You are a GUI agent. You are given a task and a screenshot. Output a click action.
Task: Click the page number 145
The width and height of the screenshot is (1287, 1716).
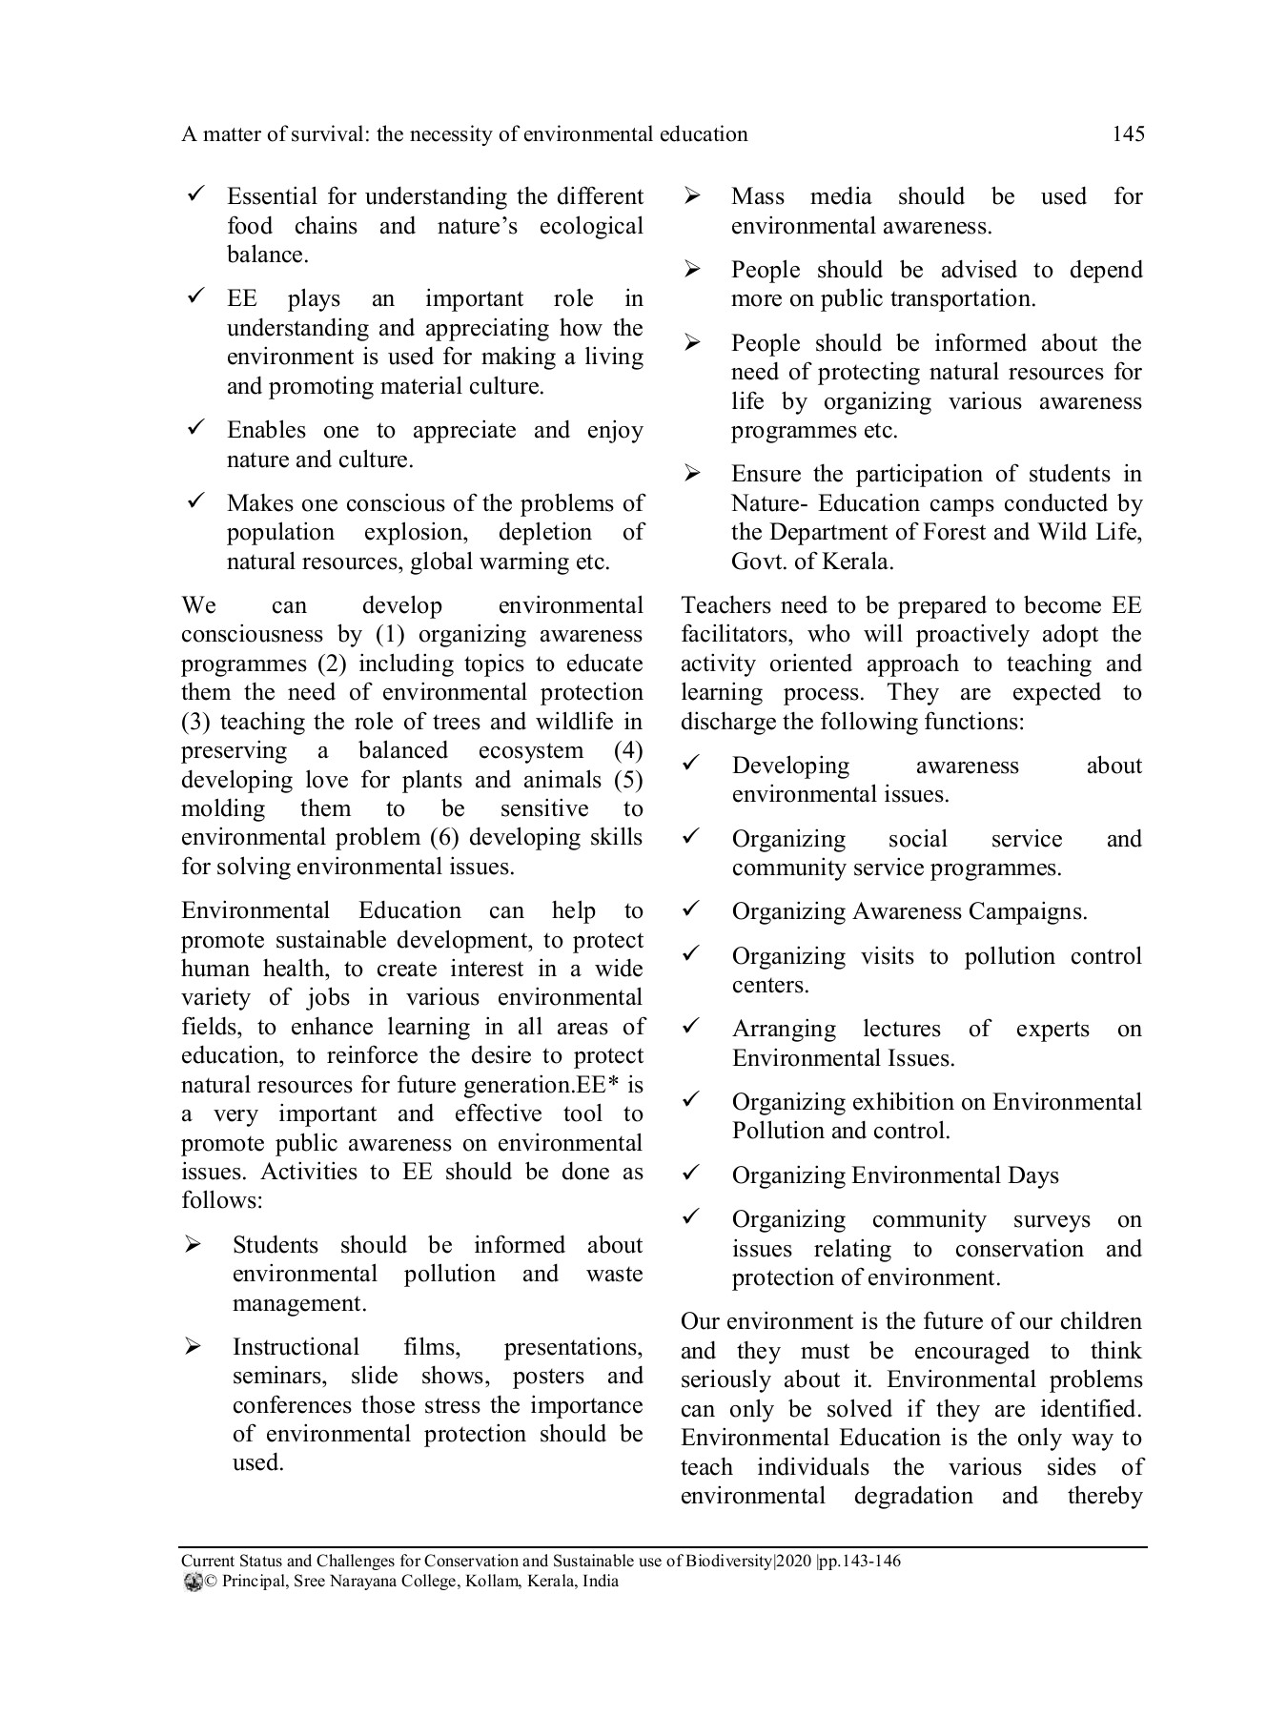pyautogui.click(x=1128, y=134)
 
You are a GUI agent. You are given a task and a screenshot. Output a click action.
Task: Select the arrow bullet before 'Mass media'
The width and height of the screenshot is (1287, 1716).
pyautogui.click(x=693, y=196)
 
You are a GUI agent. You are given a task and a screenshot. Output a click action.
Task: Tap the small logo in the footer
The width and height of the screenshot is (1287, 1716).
pyautogui.click(x=191, y=1582)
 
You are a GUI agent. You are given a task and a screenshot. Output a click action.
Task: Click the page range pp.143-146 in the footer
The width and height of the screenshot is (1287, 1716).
pyautogui.click(x=860, y=1561)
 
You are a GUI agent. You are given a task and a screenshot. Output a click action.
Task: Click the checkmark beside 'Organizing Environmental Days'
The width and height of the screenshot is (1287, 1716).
pyautogui.click(x=692, y=1173)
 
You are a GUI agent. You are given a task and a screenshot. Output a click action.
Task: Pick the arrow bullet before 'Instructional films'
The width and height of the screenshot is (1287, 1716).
pyautogui.click(x=193, y=1347)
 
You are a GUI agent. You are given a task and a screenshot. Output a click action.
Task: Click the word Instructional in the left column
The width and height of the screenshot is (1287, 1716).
pyautogui.click(x=296, y=1347)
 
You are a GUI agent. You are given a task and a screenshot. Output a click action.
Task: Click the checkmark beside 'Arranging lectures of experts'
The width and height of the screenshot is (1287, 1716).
pyautogui.click(x=692, y=1026)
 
